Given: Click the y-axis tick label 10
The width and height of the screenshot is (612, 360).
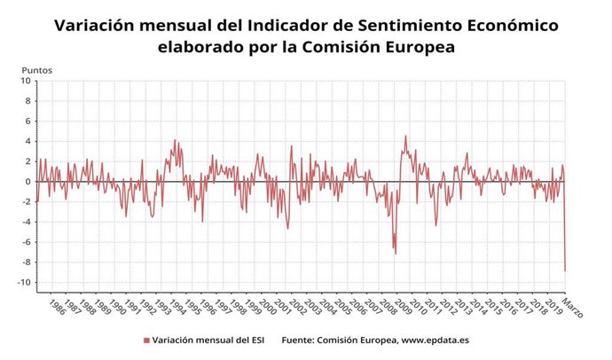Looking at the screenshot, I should (26, 82).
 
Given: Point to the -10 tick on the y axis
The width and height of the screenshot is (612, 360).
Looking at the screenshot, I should (24, 283).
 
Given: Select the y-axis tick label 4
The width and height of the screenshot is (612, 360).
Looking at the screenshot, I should (27, 142).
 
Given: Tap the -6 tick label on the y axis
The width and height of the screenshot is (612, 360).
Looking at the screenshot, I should (26, 242).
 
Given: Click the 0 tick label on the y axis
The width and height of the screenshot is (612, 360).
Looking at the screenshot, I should (27, 182).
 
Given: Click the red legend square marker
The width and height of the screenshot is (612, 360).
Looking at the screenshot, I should (145, 340).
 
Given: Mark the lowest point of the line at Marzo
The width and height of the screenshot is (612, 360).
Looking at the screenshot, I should (565, 271).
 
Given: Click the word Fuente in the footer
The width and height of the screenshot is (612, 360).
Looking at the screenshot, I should (302, 340).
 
